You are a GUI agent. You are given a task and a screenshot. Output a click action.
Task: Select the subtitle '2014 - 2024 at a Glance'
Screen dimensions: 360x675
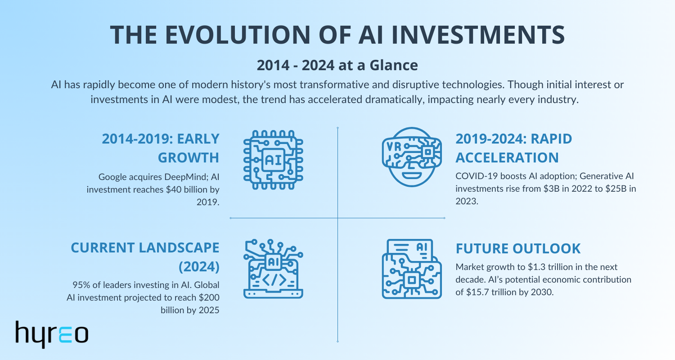click(337, 66)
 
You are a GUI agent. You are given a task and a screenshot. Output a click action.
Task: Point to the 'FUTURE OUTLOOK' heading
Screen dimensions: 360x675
click(518, 248)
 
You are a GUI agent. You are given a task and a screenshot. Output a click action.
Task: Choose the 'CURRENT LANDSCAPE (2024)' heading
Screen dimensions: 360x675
click(146, 257)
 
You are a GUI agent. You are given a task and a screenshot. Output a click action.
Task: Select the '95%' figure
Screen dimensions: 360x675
click(81, 285)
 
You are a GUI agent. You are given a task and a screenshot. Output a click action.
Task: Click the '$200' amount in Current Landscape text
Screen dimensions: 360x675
click(210, 297)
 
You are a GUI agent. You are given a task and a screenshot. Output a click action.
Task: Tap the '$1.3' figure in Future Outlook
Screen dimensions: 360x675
click(505, 267)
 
